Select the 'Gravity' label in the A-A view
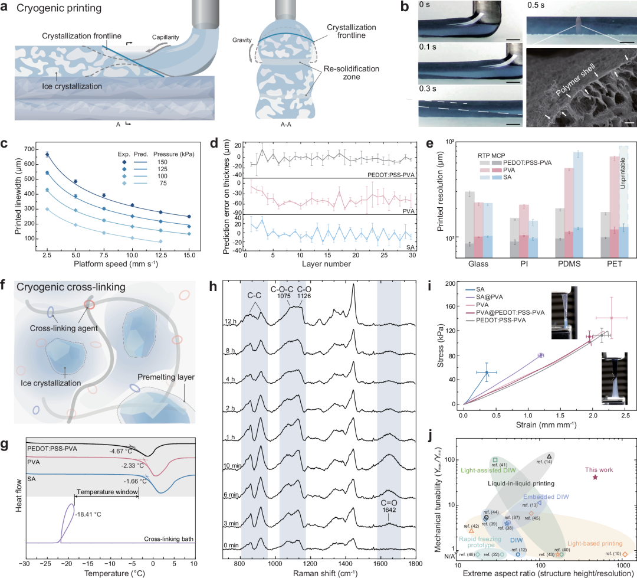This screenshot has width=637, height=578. (x=242, y=40)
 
